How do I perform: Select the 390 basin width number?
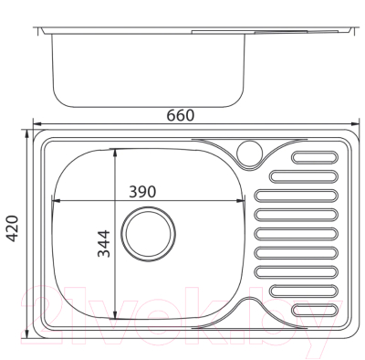click(144, 192)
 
